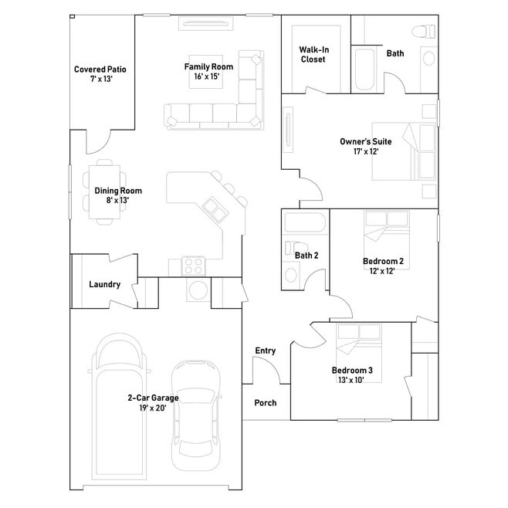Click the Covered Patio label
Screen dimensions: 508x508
click(x=100, y=69)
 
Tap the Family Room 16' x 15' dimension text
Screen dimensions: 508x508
click(x=207, y=76)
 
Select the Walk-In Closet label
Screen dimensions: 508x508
click(x=313, y=54)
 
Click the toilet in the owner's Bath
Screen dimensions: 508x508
click(x=423, y=32)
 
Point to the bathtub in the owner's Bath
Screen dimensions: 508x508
click(x=365, y=69)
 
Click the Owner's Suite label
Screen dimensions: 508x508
click(x=366, y=141)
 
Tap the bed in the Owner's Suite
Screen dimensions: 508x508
click(x=404, y=151)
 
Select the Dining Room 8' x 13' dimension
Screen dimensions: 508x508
click(x=117, y=200)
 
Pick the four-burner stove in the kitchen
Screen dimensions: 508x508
click(x=194, y=266)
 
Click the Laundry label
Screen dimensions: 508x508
click(x=105, y=284)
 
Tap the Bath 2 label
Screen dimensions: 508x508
click(x=306, y=256)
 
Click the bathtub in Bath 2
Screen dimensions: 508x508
click(x=304, y=222)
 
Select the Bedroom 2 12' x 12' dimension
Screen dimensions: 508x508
click(x=382, y=271)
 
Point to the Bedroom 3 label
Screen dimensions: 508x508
click(x=352, y=371)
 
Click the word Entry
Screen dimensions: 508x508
click(x=266, y=351)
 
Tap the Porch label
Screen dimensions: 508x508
click(x=266, y=403)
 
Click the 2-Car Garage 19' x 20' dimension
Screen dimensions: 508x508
click(x=153, y=408)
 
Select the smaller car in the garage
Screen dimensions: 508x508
click(x=196, y=415)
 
